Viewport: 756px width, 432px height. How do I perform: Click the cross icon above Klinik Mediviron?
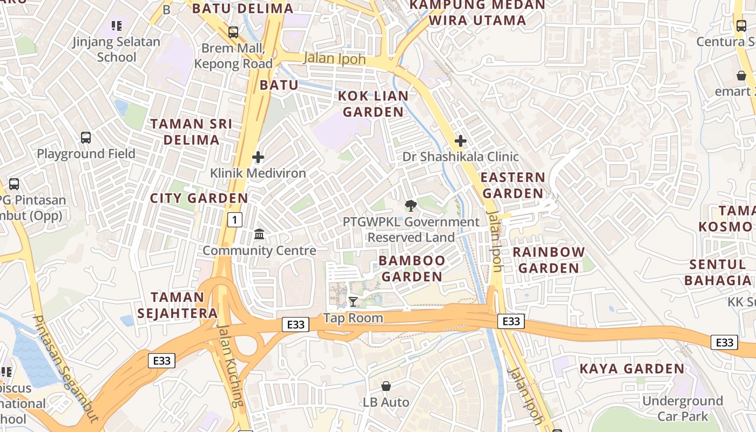pyautogui.click(x=258, y=157)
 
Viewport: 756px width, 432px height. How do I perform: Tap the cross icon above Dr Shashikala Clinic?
pyautogui.click(x=460, y=141)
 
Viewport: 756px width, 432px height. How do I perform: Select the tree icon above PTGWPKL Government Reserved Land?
pyautogui.click(x=410, y=206)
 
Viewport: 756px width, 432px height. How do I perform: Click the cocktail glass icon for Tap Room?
pyautogui.click(x=353, y=301)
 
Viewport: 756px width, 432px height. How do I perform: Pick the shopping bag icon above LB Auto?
pyautogui.click(x=386, y=386)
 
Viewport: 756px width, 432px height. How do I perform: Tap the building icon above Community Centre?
pyautogui.click(x=259, y=234)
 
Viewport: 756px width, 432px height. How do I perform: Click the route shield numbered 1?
pyautogui.click(x=235, y=220)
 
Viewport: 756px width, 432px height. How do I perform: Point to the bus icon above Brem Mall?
pyautogui.click(x=233, y=32)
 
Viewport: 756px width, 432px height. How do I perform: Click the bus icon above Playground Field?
pyautogui.click(x=85, y=137)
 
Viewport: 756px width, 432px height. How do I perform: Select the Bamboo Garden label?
pyautogui.click(x=411, y=268)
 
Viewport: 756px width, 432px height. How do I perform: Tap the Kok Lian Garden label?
pyautogui.click(x=373, y=104)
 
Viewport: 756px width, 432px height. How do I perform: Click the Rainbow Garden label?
pyautogui.click(x=548, y=260)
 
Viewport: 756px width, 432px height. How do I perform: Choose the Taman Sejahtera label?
pyautogui.click(x=177, y=305)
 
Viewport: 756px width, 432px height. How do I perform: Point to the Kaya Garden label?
pyautogui.click(x=632, y=369)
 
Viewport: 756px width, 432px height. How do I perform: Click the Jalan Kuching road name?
pyautogui.click(x=231, y=364)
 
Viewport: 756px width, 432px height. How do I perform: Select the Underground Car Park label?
pyautogui.click(x=682, y=408)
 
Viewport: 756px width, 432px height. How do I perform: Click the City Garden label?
pyautogui.click(x=199, y=198)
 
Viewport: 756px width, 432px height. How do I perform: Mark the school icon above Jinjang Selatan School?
pyautogui.click(x=117, y=25)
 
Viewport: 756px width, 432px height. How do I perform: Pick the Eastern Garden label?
pyautogui.click(x=512, y=185)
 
